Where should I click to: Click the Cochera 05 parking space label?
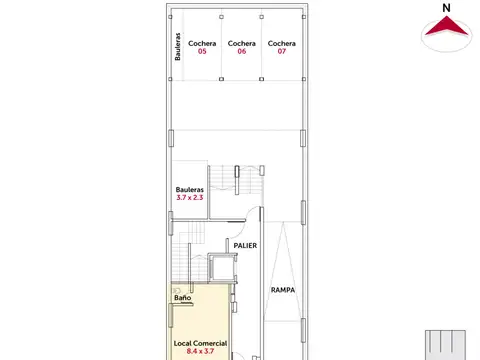coord(202,47)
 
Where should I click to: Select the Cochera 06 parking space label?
coord(242,47)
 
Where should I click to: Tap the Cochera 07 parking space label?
coord(282,47)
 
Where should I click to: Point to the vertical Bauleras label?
coord(178,47)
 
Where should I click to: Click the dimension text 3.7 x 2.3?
coord(190,197)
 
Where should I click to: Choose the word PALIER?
coord(245,246)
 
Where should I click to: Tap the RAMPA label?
coord(283,290)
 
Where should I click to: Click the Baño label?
coord(183,298)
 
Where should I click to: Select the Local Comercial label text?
coord(200,343)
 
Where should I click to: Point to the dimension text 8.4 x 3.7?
coord(200,351)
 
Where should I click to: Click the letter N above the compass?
coord(446,8)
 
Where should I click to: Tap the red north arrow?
coord(446,27)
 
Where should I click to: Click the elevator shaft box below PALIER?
coord(222,267)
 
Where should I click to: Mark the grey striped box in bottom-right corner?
coord(445,345)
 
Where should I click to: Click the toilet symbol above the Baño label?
coord(177,291)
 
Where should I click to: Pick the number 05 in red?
coord(202,51)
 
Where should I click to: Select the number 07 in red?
coord(282,51)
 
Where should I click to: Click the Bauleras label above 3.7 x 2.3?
coord(190,190)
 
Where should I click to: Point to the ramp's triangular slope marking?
coord(283,272)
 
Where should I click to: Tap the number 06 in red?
coord(242,51)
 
